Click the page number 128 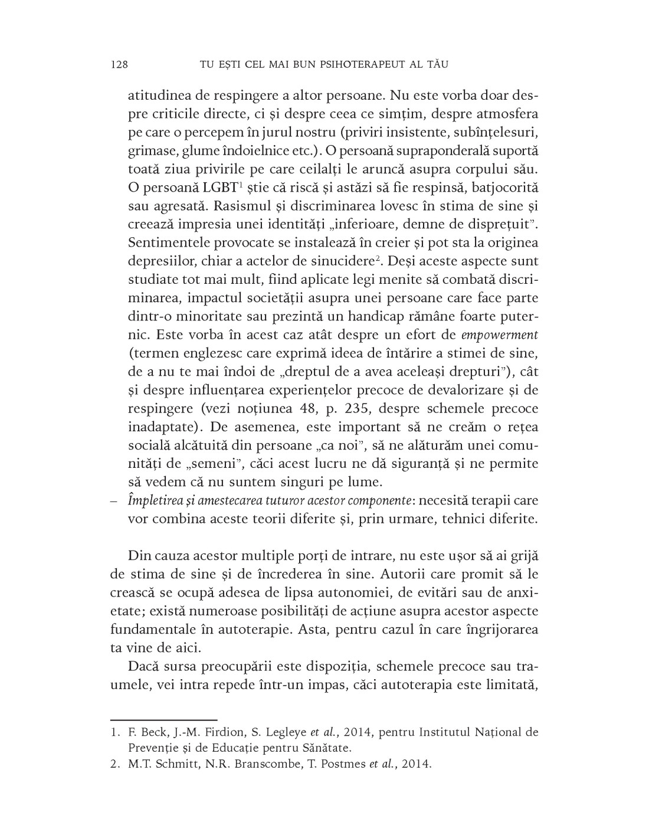(x=119, y=64)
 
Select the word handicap (x=383, y=316)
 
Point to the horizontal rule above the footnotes (x=164, y=720)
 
